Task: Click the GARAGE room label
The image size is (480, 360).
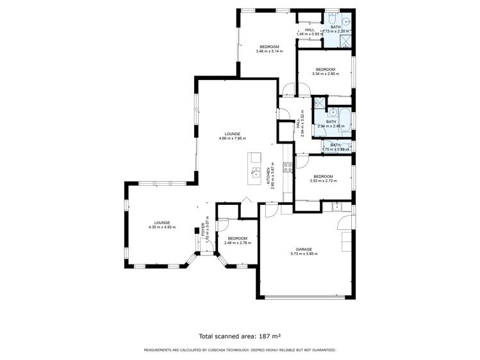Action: point(304,249)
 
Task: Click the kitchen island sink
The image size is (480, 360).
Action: point(255,172)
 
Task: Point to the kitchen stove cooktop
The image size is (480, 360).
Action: point(288,166)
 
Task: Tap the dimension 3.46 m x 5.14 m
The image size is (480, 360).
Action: point(269,51)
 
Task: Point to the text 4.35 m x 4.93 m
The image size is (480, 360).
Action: point(161,227)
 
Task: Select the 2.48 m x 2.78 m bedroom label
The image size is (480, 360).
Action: point(237,243)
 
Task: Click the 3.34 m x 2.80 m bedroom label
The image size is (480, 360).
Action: point(324,74)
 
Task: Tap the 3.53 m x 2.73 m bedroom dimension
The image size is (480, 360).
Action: point(322,181)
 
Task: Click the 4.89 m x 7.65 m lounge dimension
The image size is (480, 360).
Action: point(232,138)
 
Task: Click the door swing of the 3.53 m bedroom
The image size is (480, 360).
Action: point(301,163)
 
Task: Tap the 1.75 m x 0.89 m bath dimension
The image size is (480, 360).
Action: point(335,149)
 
